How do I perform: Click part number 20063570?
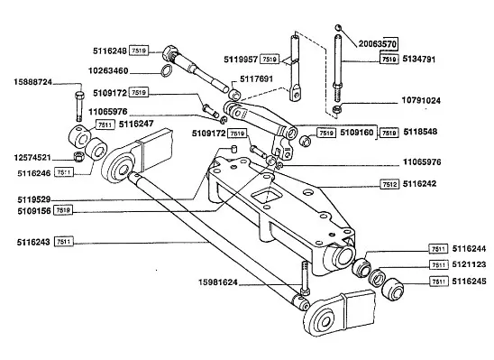378,43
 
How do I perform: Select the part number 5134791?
418,60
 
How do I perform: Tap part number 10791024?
421,100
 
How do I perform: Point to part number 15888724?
32,82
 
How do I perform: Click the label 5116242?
420,184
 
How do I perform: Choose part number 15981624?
217,282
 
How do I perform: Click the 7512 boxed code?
389,184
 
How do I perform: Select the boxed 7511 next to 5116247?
105,125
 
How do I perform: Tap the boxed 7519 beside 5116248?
139,51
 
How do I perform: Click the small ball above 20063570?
338,27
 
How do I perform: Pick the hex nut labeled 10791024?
337,110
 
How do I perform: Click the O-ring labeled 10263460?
167,70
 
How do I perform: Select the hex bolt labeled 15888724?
79,106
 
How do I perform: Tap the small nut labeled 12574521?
78,156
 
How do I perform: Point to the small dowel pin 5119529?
233,149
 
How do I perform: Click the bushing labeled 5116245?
392,289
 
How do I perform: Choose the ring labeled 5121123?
377,278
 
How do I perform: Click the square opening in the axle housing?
267,197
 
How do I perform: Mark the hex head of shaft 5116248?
170,53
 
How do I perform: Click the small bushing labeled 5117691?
234,95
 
